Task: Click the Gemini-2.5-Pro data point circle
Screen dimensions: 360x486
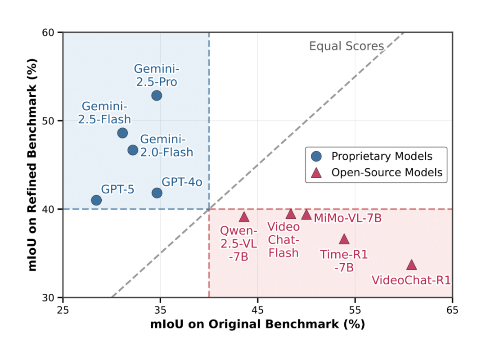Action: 157,95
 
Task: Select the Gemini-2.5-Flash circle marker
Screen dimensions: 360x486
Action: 122,133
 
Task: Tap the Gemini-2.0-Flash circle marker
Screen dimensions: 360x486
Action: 133,150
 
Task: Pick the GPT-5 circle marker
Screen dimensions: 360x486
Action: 96,200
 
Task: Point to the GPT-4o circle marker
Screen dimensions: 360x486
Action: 157,193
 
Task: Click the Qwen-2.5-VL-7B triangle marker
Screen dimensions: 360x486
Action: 244,217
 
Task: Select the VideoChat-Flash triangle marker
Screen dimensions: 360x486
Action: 291,214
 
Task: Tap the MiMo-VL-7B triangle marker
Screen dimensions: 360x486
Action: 306,215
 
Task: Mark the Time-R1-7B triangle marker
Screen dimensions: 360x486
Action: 344,239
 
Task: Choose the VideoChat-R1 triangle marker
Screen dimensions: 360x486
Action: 411,265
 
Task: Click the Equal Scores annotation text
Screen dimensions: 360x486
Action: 346,46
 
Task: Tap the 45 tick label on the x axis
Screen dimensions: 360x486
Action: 257,310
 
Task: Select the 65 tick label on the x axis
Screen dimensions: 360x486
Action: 452,310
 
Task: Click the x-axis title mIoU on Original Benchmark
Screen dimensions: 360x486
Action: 257,324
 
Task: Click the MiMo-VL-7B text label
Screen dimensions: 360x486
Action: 348,218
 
